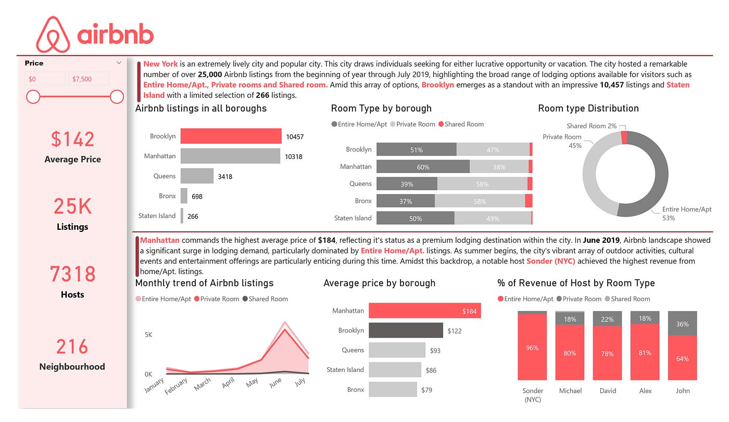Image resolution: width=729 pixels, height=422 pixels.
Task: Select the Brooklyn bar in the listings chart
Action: [231, 136]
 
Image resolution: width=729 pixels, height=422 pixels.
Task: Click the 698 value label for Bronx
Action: [197, 196]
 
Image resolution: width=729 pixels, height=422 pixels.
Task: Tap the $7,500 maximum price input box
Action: [89, 79]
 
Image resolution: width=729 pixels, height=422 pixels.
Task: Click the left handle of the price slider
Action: [33, 96]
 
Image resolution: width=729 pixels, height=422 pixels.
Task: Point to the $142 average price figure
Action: [72, 139]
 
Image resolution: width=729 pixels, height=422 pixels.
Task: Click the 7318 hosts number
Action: [72, 274]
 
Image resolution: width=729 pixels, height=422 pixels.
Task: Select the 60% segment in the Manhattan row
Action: [423, 167]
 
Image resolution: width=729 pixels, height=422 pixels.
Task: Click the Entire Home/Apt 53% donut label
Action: [686, 214]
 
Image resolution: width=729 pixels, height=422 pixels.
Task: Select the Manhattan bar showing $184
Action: [424, 311]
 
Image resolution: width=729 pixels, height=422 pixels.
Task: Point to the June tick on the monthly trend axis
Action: [275, 382]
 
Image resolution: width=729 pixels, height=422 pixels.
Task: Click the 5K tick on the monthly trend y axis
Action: [148, 335]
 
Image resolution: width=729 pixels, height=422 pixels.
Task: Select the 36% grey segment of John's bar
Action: [682, 324]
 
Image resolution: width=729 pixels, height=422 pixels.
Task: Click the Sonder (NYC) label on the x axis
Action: [532, 395]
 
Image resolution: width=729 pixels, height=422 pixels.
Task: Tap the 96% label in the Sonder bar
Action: [532, 347]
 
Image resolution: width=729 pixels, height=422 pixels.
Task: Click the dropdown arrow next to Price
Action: [119, 63]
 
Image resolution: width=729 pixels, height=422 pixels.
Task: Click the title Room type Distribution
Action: [588, 108]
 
